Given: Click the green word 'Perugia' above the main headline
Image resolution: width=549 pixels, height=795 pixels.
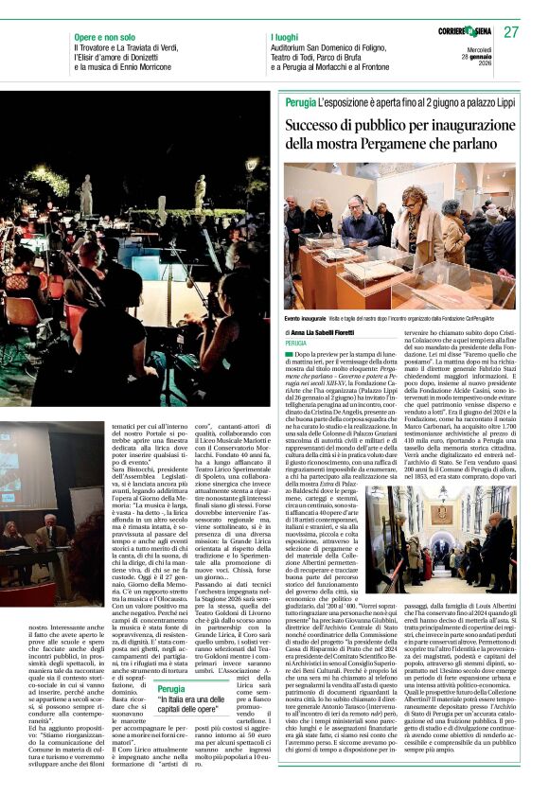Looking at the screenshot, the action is pos(301,101).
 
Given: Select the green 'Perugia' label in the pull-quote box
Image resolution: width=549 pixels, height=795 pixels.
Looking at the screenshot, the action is pos(171,689).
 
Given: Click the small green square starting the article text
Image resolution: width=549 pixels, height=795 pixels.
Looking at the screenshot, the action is pos(289,352).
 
